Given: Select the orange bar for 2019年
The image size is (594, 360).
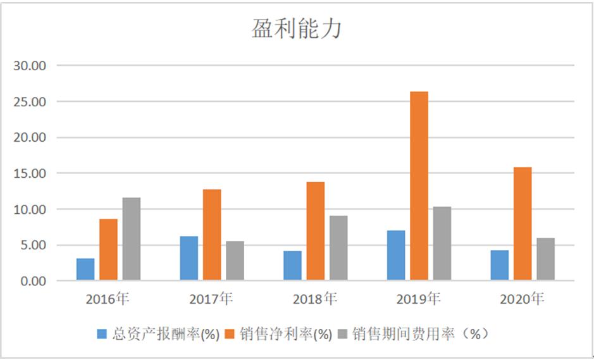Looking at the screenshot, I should pyautogui.click(x=419, y=186).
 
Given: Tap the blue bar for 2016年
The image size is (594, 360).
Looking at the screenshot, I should pyautogui.click(x=85, y=269).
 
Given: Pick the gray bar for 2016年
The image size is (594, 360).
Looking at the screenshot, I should pyautogui.click(x=132, y=239).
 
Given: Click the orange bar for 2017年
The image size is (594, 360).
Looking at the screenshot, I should pyautogui.click(x=212, y=235).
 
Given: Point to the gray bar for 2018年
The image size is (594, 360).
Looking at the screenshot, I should pyautogui.click(x=338, y=248).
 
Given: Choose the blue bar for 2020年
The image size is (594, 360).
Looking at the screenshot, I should pyautogui.click(x=499, y=265).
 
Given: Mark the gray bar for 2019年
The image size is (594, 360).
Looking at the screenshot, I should pyautogui.click(x=442, y=244).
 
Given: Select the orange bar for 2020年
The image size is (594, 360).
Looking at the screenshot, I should pyautogui.click(x=523, y=223).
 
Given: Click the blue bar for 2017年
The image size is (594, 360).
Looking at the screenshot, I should pyautogui.click(x=189, y=258).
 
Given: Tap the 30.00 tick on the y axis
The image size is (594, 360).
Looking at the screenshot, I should pyautogui.click(x=34, y=66).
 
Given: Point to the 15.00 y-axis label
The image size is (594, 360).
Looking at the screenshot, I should pyautogui.click(x=34, y=173).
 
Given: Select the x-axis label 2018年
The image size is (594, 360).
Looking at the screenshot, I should pyautogui.click(x=315, y=299).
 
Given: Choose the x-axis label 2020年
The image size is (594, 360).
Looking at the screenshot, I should pyautogui.click(x=522, y=299).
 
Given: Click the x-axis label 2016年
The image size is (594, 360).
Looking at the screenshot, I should pyautogui.click(x=108, y=299).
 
